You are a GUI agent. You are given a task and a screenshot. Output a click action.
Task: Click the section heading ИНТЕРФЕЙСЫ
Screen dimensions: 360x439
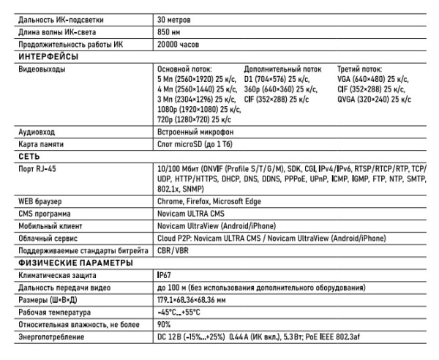pyautogui.click(x=48, y=56)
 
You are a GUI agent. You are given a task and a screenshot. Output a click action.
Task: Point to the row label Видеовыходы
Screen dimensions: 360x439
pyautogui.click(x=41, y=70)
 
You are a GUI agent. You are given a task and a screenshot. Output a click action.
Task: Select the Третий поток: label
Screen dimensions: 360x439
pyautogui.click(x=361, y=70)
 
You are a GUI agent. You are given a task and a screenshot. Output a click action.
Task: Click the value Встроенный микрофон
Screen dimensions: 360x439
pyautogui.click(x=195, y=132)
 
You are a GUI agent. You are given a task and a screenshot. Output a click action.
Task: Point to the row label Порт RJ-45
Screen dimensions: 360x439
pyautogui.click(x=37, y=169)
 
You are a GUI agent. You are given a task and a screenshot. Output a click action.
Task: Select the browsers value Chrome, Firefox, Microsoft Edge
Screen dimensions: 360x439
pyautogui.click(x=209, y=200)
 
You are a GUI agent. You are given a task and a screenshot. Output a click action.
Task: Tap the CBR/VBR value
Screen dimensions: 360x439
pyautogui.click(x=173, y=251)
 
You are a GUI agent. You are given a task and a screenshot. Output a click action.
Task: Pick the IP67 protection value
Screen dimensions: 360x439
pyautogui.click(x=165, y=276)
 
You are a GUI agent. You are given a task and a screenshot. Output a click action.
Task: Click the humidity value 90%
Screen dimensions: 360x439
pyautogui.click(x=164, y=325)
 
